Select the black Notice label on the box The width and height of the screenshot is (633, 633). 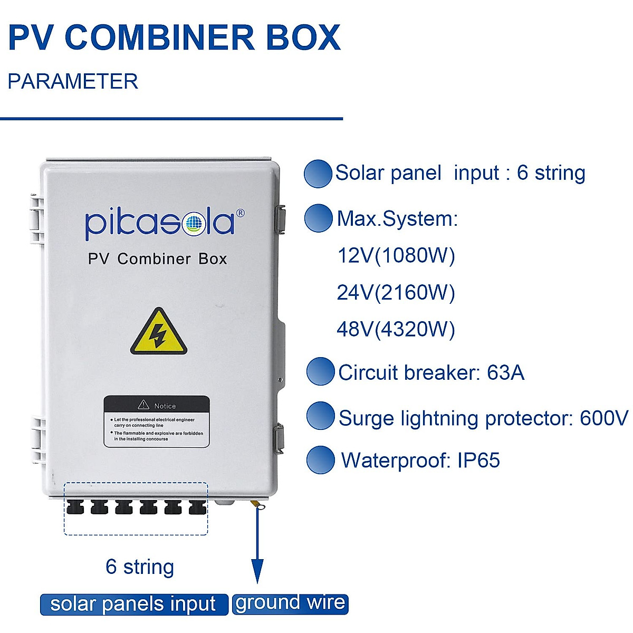click(157, 421)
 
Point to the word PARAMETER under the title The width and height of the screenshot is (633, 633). click(73, 81)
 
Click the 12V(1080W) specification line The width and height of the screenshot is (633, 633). click(396, 255)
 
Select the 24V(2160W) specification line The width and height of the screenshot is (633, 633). click(396, 292)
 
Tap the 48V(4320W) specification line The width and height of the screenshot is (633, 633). click(396, 329)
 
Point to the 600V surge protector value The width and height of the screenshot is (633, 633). click(604, 418)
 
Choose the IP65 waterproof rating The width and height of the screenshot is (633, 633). click(478, 460)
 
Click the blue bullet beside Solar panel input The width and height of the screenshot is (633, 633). click(318, 174)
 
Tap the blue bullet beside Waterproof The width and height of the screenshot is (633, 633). click(320, 460)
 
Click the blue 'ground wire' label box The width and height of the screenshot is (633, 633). click(290, 603)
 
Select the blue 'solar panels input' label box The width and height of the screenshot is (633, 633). click(133, 605)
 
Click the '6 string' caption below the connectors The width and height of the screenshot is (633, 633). click(140, 567)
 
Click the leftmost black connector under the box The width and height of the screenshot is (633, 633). click(75, 507)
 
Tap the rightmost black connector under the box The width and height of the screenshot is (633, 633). click(197, 507)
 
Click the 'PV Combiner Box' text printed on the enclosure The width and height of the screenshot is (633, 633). click(157, 259)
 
